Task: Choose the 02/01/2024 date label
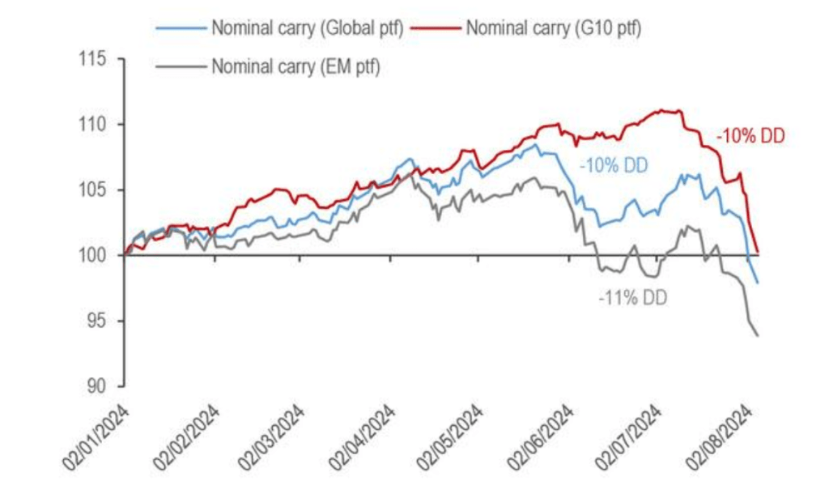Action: click(99, 437)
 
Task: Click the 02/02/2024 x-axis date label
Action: click(189, 437)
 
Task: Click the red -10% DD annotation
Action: click(750, 137)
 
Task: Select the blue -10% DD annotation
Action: click(614, 166)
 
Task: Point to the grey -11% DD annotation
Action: click(632, 297)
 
